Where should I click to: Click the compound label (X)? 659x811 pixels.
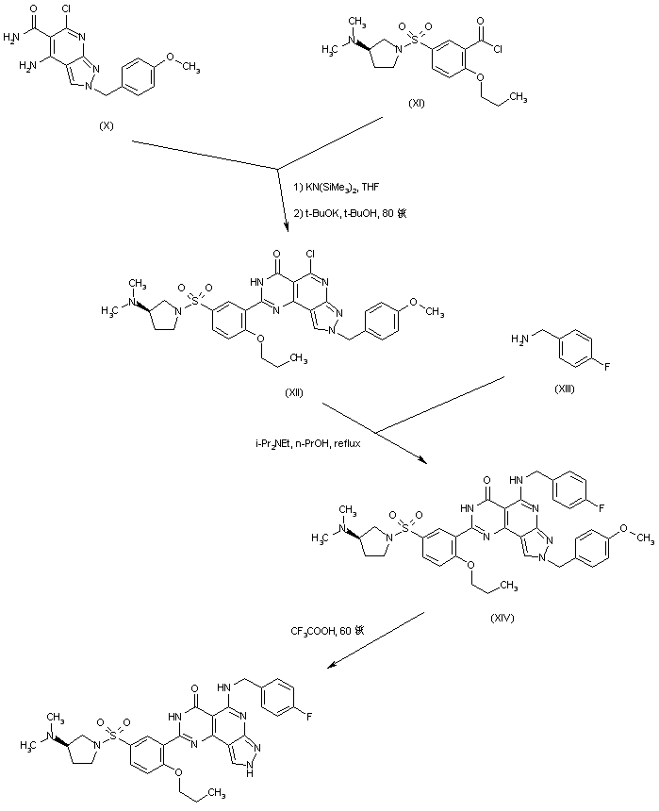107,124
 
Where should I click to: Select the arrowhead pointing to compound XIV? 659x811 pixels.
422,461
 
